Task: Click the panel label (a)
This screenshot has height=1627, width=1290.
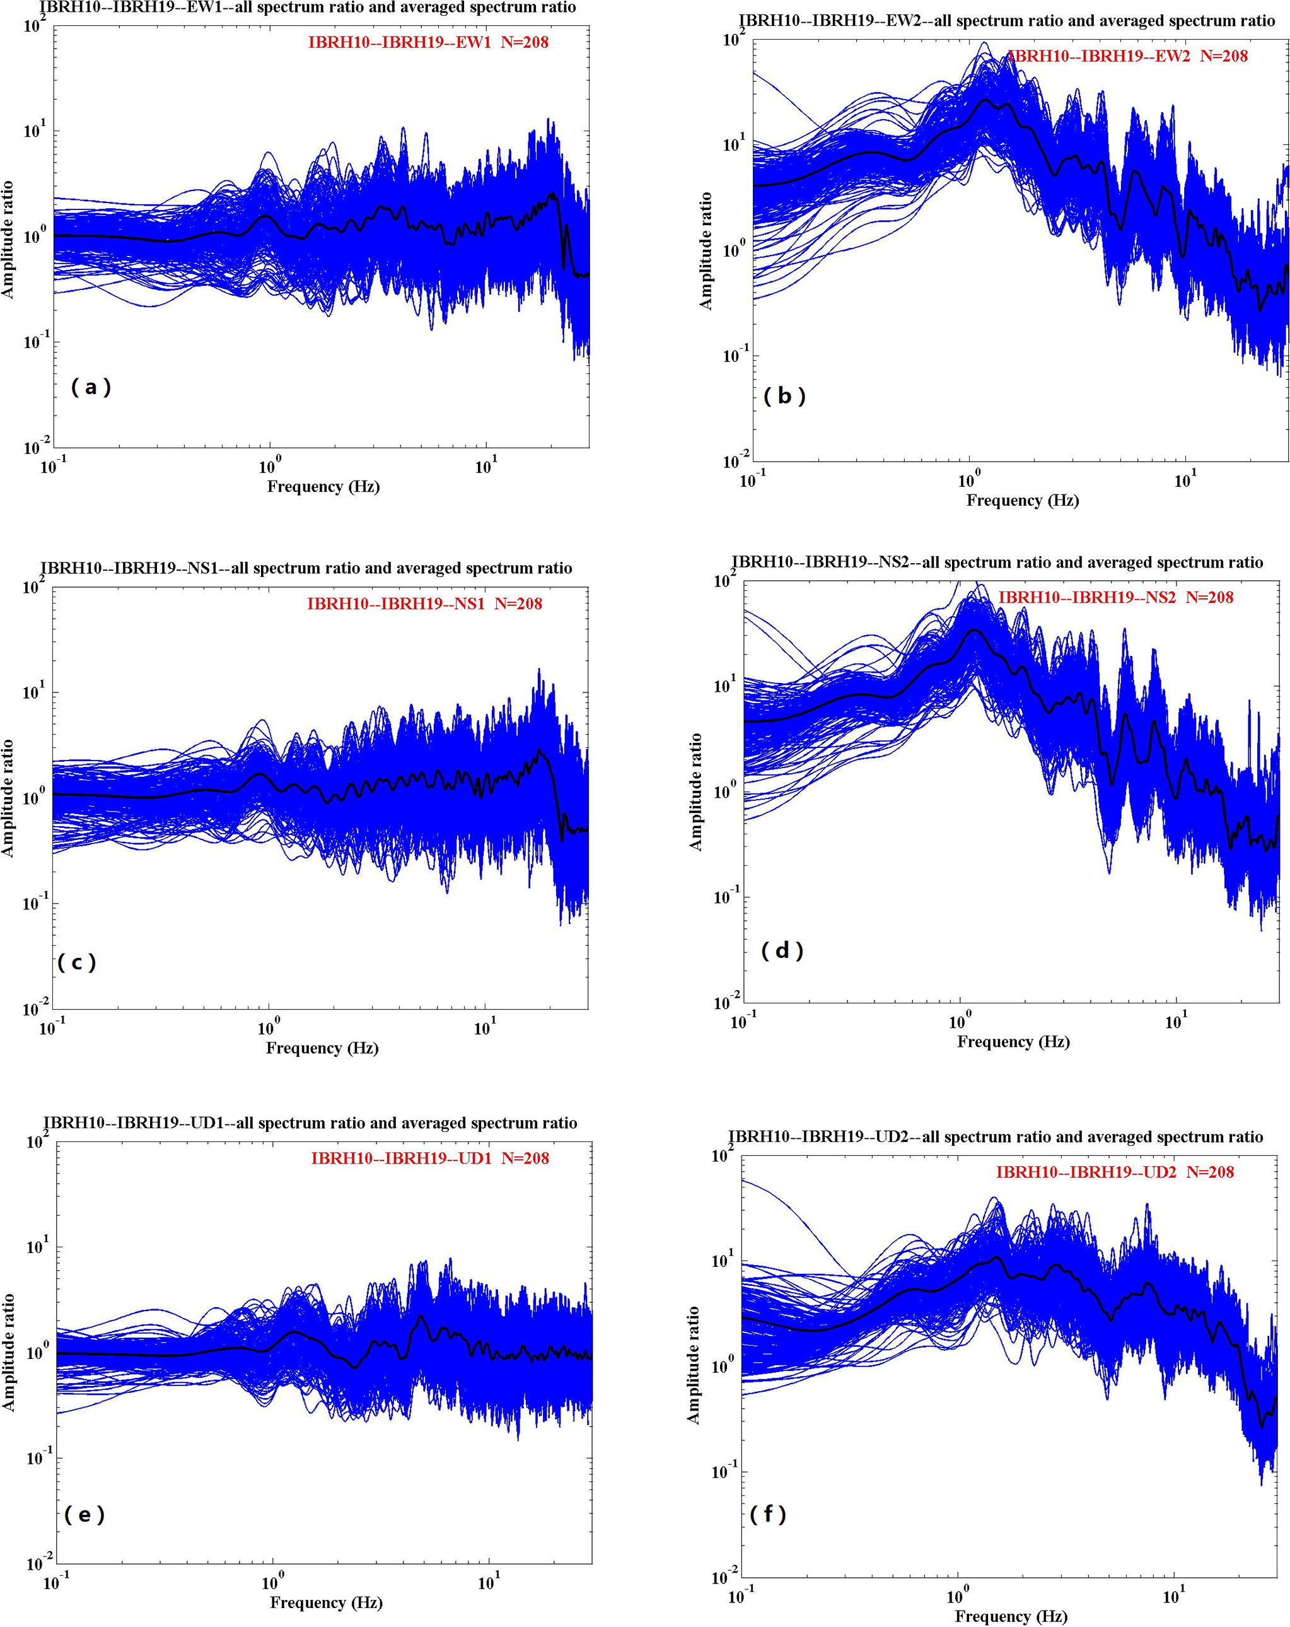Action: click(91, 387)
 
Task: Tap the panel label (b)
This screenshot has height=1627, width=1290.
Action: click(784, 395)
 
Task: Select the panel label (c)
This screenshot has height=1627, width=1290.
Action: click(76, 962)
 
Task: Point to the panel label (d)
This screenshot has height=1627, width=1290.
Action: click(782, 950)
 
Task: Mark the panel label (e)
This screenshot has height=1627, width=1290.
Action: click(84, 1514)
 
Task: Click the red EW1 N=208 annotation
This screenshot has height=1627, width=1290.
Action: click(427, 42)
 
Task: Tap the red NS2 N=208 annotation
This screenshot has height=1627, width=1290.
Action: click(1116, 598)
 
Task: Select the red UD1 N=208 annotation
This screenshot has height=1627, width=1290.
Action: click(430, 1158)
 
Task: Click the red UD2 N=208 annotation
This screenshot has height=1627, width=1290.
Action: click(1115, 1172)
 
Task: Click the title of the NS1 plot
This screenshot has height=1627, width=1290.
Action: click(306, 568)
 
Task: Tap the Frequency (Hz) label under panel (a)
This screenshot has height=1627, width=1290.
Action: click(323, 486)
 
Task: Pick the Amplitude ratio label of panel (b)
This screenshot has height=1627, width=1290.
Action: click(706, 250)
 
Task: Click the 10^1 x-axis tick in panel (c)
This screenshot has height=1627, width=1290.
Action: click(484, 1028)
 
